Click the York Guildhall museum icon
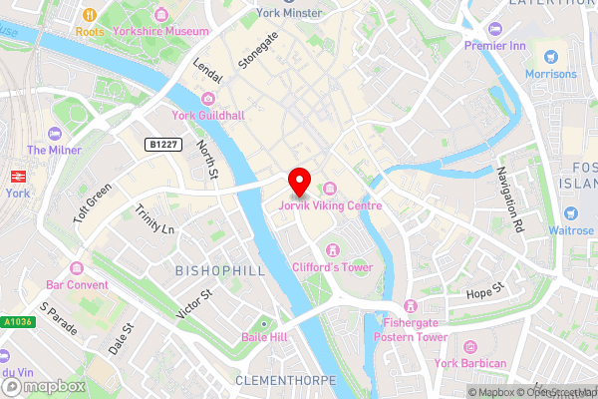[x=207, y=99]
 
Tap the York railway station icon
[x=16, y=175]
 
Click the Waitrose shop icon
[x=570, y=213]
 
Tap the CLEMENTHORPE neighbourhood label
[x=286, y=381]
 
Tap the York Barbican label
[x=470, y=363]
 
